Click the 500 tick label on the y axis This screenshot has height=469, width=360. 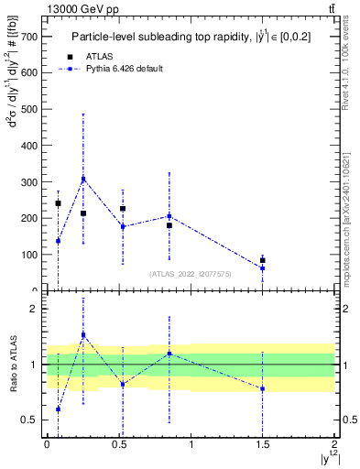tap(36, 109)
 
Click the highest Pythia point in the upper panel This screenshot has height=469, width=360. tap(83, 180)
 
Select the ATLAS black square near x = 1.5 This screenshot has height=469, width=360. tap(262, 260)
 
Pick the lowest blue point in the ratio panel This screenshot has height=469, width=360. tap(58, 409)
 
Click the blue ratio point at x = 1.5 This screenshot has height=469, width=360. tap(262, 388)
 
